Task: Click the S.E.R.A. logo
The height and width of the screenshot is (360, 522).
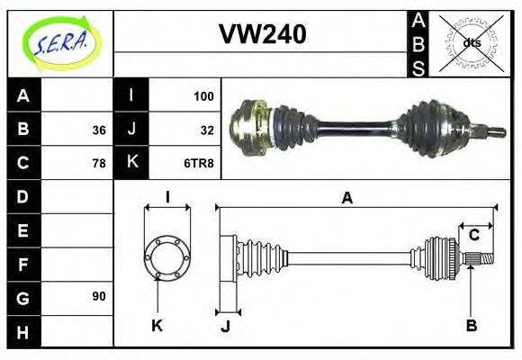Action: tap(58, 42)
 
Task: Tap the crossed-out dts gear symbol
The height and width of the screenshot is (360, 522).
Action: tap(471, 42)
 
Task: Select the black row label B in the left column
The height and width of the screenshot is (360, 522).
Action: tap(23, 130)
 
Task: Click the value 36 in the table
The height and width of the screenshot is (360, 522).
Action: tap(99, 130)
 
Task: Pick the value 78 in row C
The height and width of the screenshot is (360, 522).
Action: tap(99, 164)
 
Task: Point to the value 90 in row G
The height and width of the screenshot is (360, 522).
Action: tap(99, 296)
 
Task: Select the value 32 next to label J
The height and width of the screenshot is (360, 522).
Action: tap(206, 130)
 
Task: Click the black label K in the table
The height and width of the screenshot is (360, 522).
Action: tap(131, 164)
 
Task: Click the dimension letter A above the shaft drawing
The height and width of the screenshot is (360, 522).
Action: tap(347, 198)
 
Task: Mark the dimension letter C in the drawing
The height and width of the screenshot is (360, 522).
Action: tap(473, 236)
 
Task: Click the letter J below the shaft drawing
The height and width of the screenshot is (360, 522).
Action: tap(226, 326)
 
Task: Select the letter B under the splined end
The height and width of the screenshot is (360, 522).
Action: tap(471, 325)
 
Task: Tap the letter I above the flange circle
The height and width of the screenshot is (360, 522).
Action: tap(167, 197)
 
